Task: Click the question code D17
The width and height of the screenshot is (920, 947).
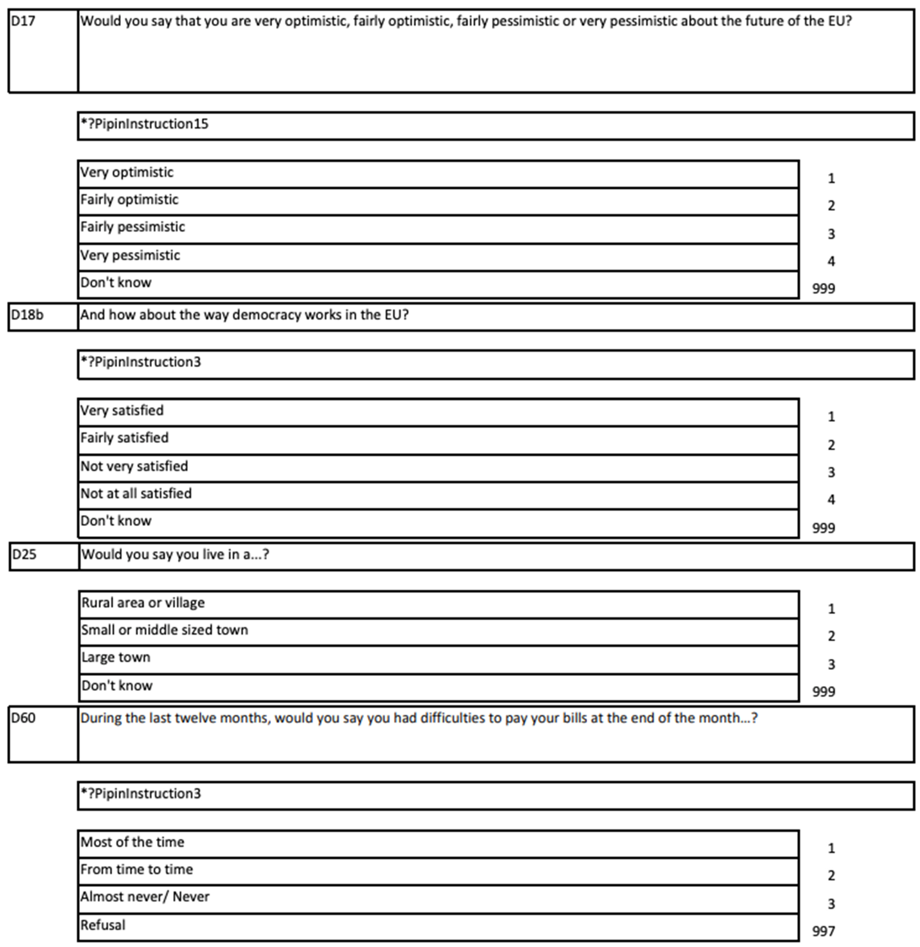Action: (23, 21)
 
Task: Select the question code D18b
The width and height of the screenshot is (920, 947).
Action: (27, 315)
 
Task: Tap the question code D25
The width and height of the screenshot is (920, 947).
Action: (24, 554)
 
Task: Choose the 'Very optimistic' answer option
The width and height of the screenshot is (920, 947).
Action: (127, 173)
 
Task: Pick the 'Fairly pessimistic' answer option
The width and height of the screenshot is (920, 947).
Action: (133, 227)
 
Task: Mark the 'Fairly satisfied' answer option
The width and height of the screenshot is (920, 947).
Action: (124, 438)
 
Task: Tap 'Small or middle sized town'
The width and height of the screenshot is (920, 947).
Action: (164, 630)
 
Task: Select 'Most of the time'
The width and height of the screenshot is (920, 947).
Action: (132, 842)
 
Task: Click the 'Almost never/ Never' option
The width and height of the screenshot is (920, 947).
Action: (145, 897)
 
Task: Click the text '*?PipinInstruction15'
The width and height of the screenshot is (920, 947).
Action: (144, 124)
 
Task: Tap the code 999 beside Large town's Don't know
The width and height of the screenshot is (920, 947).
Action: (823, 692)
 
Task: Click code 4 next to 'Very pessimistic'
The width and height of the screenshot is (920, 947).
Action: (831, 261)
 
